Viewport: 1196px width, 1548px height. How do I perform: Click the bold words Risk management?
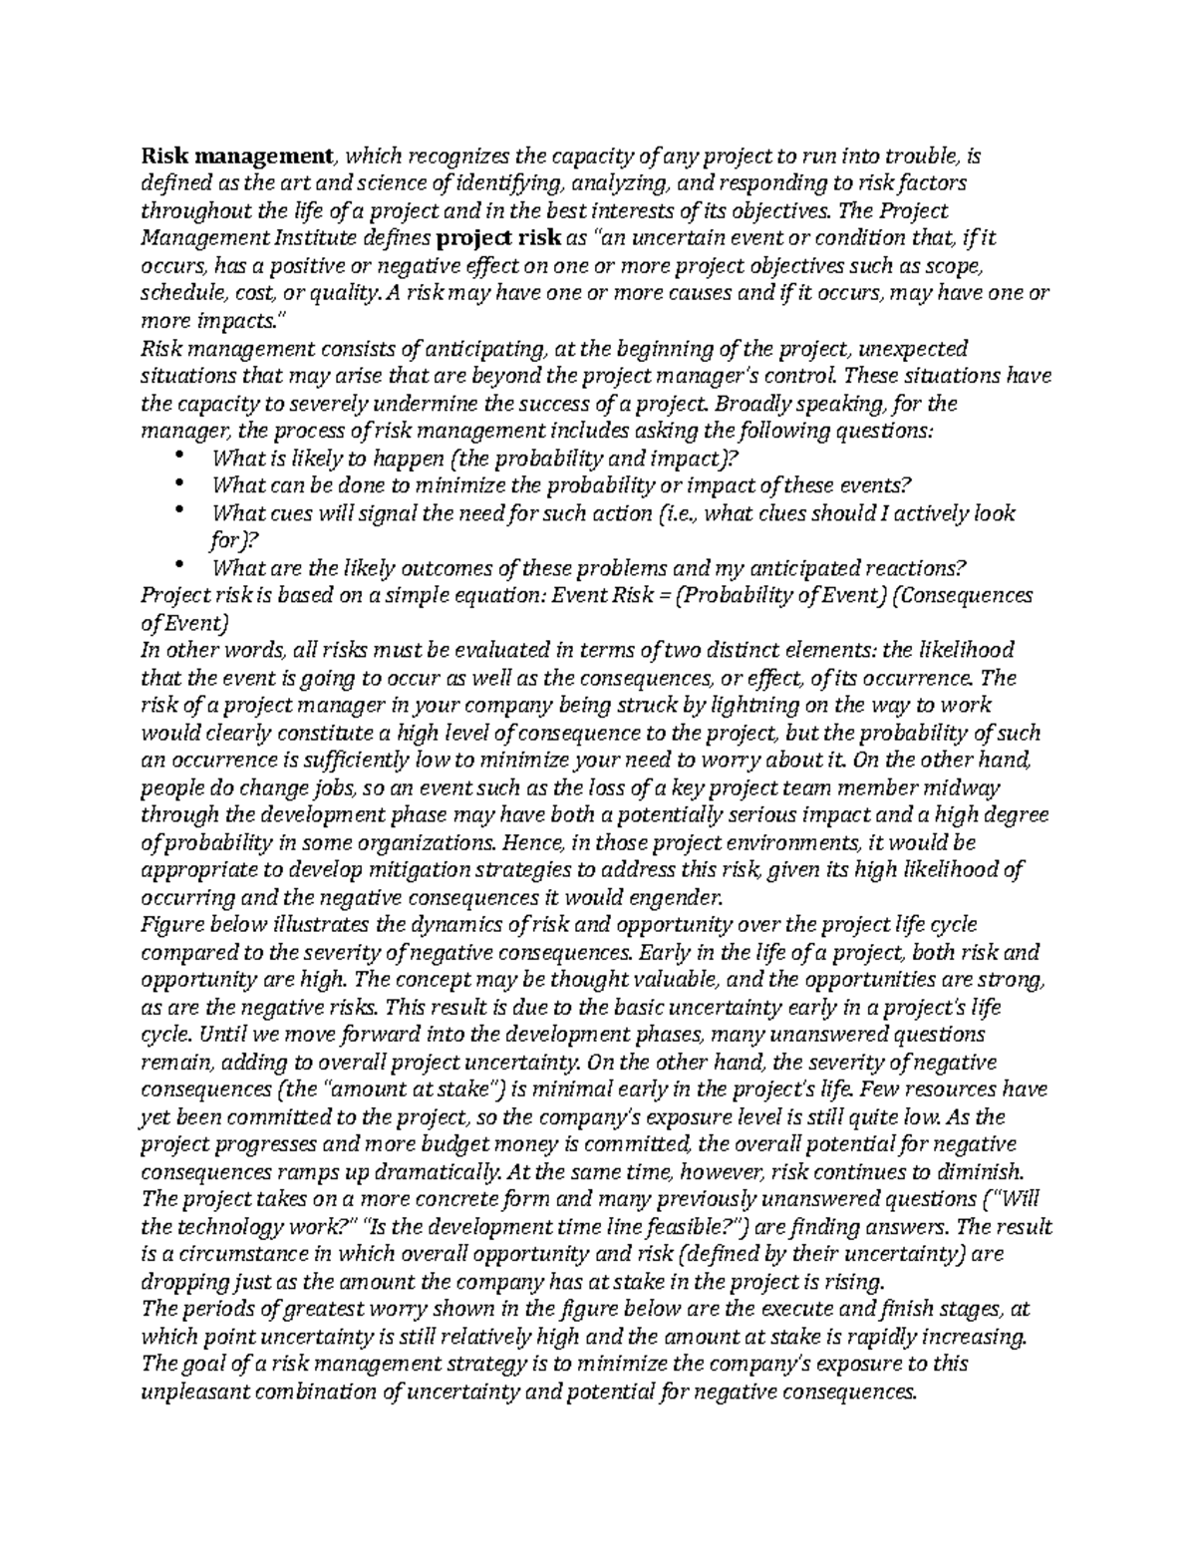[237, 155]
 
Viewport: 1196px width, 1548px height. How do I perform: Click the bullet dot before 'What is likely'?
[179, 456]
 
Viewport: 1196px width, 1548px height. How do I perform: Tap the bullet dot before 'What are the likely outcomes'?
[179, 565]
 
